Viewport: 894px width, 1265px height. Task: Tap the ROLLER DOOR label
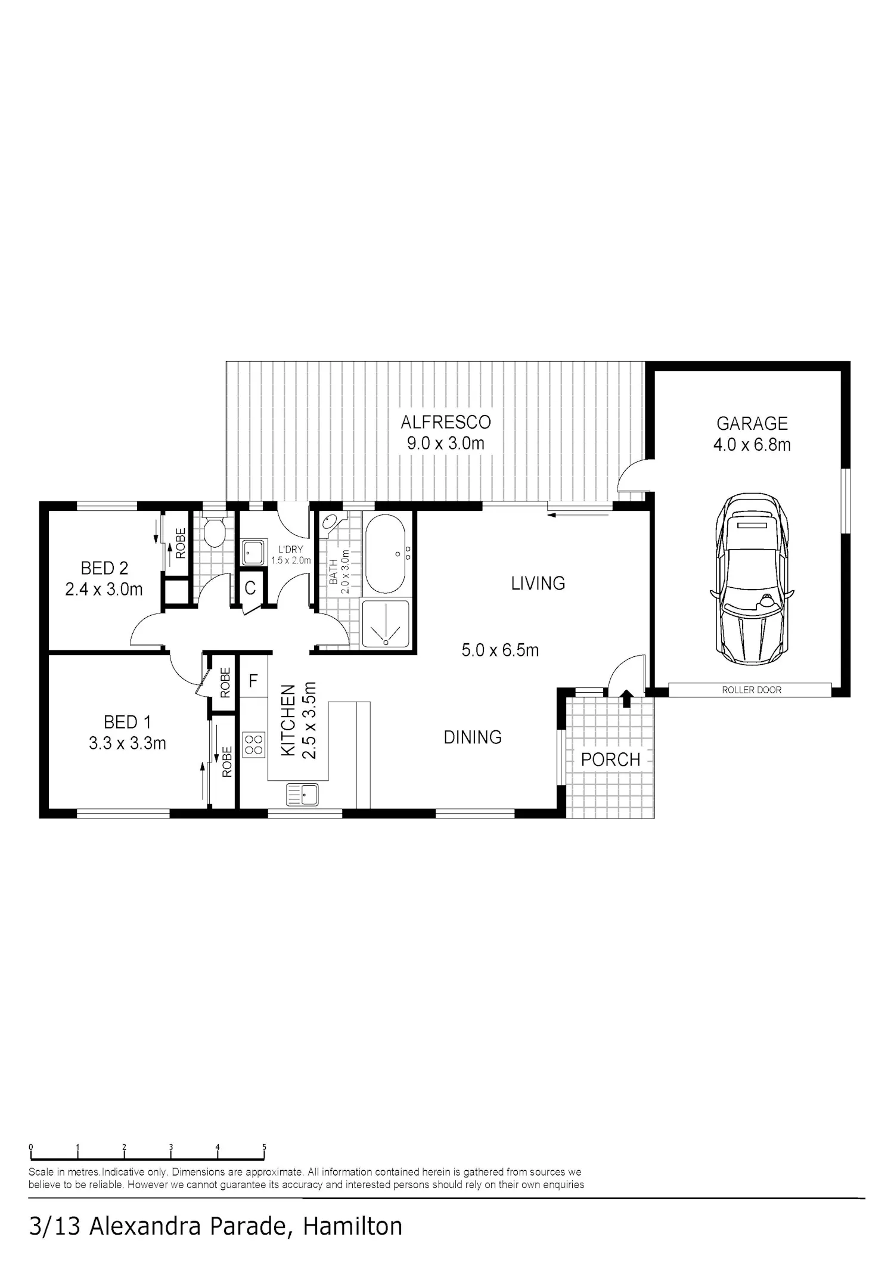tap(752, 690)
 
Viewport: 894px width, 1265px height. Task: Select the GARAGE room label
tap(752, 423)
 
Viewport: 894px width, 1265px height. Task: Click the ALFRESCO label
tap(446, 422)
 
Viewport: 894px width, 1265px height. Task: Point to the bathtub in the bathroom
tap(384, 554)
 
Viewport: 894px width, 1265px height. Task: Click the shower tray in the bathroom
tap(386, 624)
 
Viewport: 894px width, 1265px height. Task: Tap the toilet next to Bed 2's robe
tap(213, 531)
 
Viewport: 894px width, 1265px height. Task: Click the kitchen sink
tap(303, 795)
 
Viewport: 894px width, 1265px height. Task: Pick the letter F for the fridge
tap(253, 681)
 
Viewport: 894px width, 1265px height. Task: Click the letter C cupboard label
tap(250, 588)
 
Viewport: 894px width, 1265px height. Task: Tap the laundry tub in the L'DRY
tap(253, 553)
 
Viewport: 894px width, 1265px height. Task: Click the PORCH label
tap(610, 759)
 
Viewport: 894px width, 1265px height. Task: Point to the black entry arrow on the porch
tap(626, 698)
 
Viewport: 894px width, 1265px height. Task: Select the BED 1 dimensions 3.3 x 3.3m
tap(128, 743)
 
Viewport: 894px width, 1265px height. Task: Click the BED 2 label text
tap(104, 568)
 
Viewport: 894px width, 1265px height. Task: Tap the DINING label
tap(473, 737)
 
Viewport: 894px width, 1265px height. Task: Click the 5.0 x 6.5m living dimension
tap(500, 650)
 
